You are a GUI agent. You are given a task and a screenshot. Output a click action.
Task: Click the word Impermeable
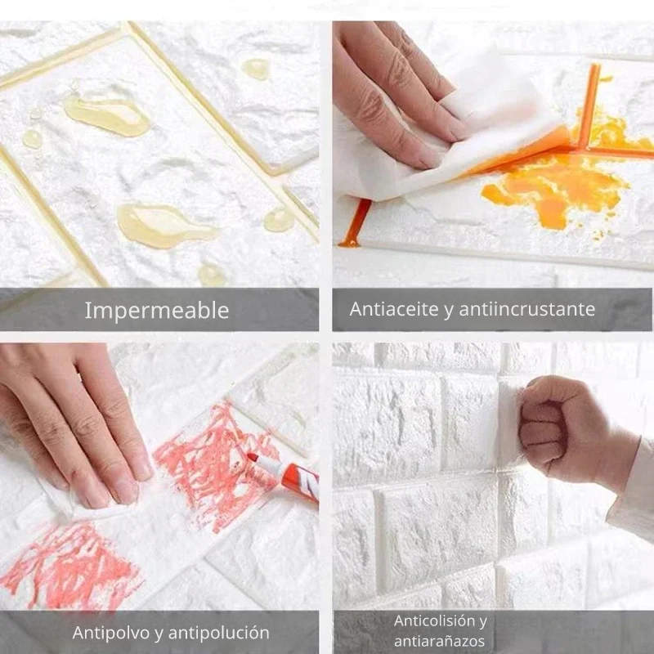157,311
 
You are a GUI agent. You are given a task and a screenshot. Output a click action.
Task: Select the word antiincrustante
526,309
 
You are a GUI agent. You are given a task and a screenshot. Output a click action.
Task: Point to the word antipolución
218,633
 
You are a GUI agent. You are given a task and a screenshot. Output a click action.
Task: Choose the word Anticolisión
441,621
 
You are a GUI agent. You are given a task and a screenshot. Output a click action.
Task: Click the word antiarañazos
439,641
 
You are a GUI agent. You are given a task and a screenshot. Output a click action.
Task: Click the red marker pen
284,476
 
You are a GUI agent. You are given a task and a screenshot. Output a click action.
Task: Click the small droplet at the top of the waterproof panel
256,69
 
